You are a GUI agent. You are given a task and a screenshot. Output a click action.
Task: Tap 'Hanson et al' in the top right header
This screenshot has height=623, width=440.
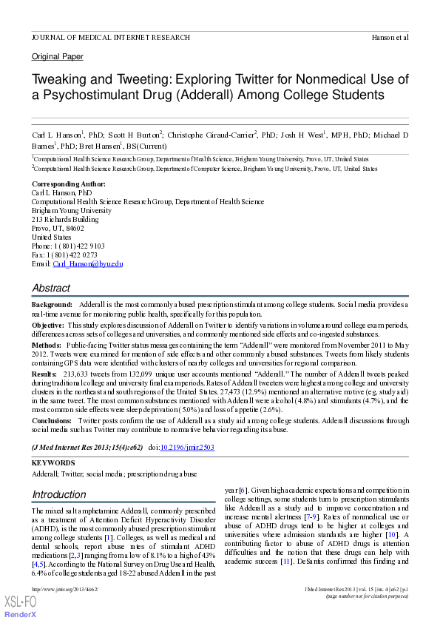click(388, 37)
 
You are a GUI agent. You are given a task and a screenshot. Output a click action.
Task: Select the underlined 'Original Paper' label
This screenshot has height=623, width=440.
click(57, 57)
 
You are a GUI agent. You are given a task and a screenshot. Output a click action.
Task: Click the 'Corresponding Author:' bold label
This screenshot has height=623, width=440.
click(68, 183)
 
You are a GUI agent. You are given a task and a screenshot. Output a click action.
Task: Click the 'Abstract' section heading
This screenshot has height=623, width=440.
click(51, 288)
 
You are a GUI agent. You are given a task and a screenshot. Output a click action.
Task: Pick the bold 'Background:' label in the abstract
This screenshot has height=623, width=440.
click(52, 305)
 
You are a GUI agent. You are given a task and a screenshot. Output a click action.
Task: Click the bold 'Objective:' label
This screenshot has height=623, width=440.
click(47, 325)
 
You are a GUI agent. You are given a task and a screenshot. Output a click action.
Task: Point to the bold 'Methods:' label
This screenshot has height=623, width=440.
click(46, 345)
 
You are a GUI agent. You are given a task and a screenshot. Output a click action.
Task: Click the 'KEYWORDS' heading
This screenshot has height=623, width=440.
click(53, 462)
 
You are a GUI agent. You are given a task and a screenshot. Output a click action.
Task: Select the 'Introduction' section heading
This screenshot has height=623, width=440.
click(59, 494)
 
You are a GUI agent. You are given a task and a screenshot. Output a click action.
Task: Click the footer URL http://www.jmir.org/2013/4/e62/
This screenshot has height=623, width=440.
click(65, 589)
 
